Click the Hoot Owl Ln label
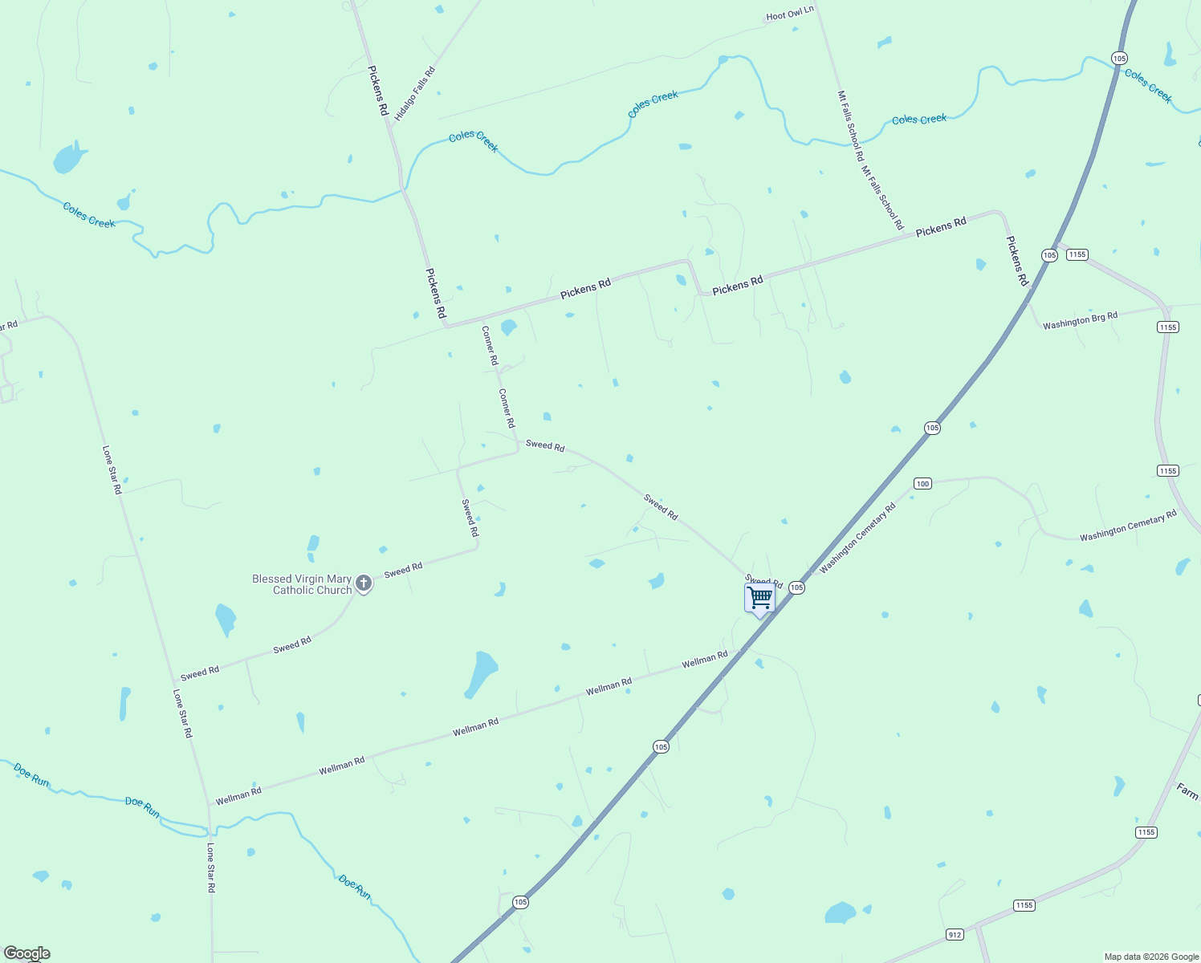[x=790, y=14]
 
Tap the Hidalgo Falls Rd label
[x=415, y=93]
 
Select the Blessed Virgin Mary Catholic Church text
[x=302, y=584]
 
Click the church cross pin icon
[x=364, y=583]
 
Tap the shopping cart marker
[x=759, y=598]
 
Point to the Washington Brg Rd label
[x=1080, y=321]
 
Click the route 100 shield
[x=922, y=483]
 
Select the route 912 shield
[x=954, y=935]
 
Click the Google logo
[x=27, y=953]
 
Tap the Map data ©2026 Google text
[x=1151, y=957]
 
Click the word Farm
[x=1187, y=791]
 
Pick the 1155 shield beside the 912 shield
[x=1024, y=905]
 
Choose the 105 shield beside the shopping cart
[x=796, y=588]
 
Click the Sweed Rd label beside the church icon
[x=403, y=571]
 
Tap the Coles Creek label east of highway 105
[x=1148, y=86]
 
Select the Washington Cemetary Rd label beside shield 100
[x=857, y=538]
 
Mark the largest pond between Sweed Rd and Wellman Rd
[x=482, y=673]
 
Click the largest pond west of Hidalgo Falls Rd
[x=68, y=158]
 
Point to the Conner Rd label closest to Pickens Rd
[x=490, y=345]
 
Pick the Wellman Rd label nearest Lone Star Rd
[x=238, y=796]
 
